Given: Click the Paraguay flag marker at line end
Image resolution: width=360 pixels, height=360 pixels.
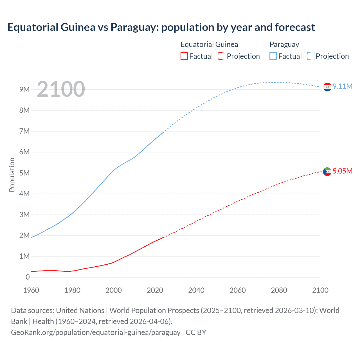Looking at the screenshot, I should pos(327,87).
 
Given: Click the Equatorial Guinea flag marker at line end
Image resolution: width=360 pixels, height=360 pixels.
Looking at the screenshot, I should pos(327,171).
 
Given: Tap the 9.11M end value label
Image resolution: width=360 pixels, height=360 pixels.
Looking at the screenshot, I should pos(343,86).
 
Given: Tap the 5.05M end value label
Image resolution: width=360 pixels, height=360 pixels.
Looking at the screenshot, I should pos(343,171).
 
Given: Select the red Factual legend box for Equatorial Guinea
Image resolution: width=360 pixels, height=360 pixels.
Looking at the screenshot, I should pos(184,56).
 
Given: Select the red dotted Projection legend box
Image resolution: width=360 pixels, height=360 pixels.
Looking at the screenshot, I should pos(222,56).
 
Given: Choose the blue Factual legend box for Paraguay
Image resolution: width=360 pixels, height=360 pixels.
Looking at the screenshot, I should pos(273,56).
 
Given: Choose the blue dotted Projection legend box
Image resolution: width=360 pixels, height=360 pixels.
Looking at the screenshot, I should pos(311,56).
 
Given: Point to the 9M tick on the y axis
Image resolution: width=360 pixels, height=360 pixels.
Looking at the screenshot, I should pos(24,89).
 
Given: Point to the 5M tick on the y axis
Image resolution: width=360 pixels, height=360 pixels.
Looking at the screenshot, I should pos(24,173).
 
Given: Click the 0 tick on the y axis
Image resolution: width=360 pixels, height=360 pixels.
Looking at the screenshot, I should pos(28,277).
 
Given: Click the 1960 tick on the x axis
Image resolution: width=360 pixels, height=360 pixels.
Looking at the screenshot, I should pos(31,290).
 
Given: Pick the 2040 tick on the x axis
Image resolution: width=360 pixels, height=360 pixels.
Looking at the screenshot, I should pos(196,290).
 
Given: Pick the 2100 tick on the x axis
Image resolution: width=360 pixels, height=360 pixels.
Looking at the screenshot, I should pos(320,290).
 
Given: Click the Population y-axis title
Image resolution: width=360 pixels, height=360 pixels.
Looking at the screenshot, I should pos(12,175).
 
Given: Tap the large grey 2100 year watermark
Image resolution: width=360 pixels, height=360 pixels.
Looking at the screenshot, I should pos(61,89).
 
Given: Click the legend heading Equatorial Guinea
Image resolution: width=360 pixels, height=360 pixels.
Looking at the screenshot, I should pos(209,44).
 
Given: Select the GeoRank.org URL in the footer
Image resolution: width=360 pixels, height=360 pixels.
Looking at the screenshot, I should pos(96,332).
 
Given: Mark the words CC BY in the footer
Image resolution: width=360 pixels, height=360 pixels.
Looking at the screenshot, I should pos(196,332).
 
